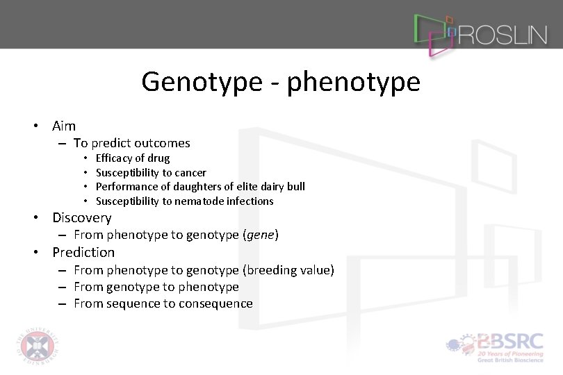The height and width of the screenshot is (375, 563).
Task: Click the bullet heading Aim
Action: [64, 126]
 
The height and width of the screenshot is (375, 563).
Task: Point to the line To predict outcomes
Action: [131, 143]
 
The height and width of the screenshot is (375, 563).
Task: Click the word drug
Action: [158, 158]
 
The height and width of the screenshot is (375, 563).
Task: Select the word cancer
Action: [190, 172]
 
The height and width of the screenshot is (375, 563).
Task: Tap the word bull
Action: [296, 186]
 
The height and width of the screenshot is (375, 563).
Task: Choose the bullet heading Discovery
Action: [82, 217]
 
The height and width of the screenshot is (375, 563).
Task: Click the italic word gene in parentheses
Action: [261, 235]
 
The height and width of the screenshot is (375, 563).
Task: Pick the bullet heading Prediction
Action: [83, 252]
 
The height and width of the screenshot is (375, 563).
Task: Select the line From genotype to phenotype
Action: [156, 287]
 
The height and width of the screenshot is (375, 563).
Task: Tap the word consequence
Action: [215, 303]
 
